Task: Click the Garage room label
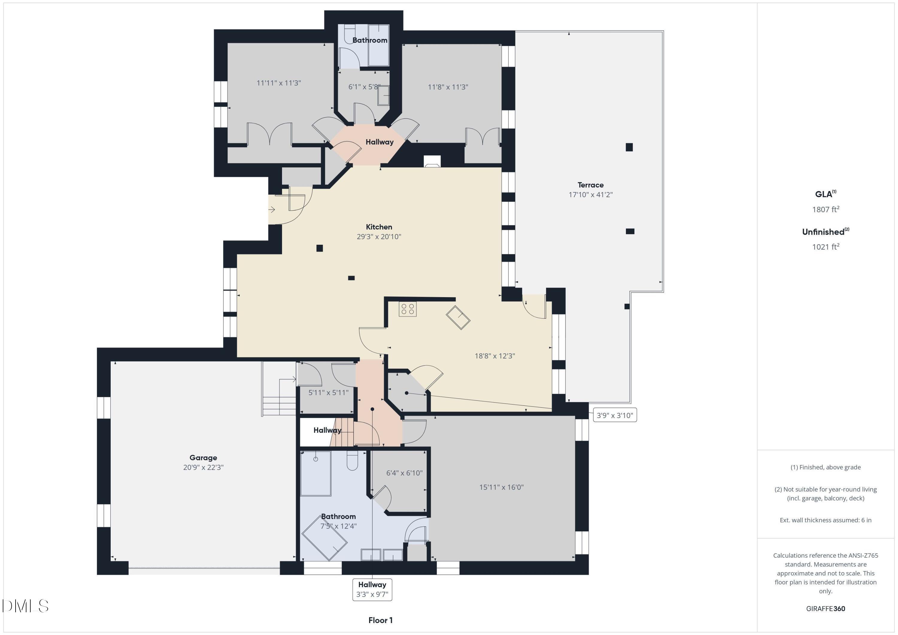pos(203,458)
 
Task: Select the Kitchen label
pos(379,227)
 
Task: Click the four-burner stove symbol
pos(407,309)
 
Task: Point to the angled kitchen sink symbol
pos(458,317)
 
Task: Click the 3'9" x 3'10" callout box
pos(615,415)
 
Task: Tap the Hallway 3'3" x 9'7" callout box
pos(372,590)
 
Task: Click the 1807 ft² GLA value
pos(825,209)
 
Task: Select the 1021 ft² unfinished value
pos(825,247)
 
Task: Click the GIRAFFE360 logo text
pos(825,608)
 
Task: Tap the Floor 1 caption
pos(380,620)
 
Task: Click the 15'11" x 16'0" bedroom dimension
pos(501,487)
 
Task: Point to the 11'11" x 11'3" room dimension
pos(278,83)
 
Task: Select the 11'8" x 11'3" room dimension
pos(448,87)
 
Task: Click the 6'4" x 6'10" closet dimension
pos(404,473)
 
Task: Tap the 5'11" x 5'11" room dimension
pos(328,393)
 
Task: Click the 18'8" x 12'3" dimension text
pos(494,356)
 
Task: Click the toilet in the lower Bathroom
pos(352,462)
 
